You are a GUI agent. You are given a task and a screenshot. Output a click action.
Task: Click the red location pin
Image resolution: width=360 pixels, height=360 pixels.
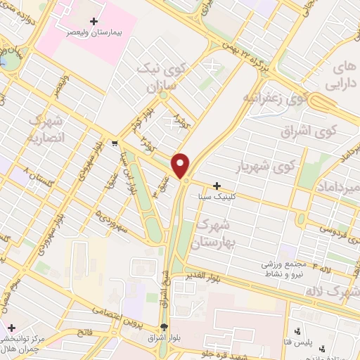click(x=181, y=165)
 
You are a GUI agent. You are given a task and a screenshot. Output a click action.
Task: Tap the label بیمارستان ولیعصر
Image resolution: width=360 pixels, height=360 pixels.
click(x=94, y=32)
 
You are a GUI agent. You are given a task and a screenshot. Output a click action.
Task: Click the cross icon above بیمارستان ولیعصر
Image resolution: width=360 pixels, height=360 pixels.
click(x=94, y=21)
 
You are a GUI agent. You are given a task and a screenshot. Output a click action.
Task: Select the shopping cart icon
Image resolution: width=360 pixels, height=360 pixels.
click(x=114, y=143)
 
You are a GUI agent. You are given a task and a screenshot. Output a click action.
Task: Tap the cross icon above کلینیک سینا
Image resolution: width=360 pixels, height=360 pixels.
click(x=217, y=185)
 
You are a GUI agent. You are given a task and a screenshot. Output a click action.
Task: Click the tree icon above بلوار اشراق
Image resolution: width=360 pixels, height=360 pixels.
click(x=164, y=327)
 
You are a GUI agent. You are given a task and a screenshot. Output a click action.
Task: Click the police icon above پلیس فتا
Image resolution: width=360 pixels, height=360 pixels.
click(x=296, y=330)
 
